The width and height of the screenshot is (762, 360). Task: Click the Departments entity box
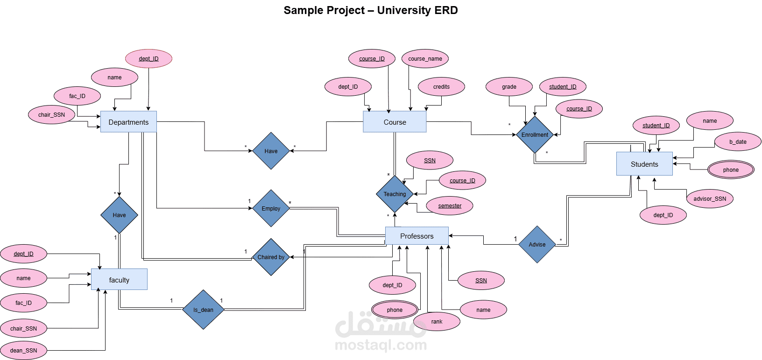click(x=128, y=122)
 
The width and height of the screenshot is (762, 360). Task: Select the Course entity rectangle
click(x=395, y=122)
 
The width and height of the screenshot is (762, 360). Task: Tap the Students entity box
click(x=644, y=164)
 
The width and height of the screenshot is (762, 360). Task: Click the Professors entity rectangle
click(x=416, y=236)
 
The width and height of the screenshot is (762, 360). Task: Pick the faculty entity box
click(x=119, y=280)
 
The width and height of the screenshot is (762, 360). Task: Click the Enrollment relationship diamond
click(x=535, y=135)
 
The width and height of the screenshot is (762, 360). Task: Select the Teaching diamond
click(x=395, y=194)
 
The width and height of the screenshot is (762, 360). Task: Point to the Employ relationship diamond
click(x=271, y=208)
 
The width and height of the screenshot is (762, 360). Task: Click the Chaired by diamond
click(x=271, y=257)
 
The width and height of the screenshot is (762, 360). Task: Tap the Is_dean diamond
click(x=203, y=310)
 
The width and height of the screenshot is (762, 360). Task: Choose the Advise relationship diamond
click(x=537, y=244)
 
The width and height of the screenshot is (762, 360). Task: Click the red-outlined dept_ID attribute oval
click(x=148, y=59)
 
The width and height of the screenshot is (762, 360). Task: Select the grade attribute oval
click(x=509, y=87)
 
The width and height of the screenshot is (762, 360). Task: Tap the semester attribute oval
click(x=450, y=206)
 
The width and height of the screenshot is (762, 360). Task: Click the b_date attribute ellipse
click(x=738, y=142)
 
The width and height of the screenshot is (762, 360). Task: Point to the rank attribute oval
click(x=437, y=322)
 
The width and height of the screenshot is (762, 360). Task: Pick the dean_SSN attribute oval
click(x=23, y=351)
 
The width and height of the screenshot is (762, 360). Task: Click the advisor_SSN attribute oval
click(x=710, y=199)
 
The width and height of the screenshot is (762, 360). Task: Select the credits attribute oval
click(x=441, y=87)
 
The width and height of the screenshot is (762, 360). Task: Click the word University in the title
click(x=403, y=10)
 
